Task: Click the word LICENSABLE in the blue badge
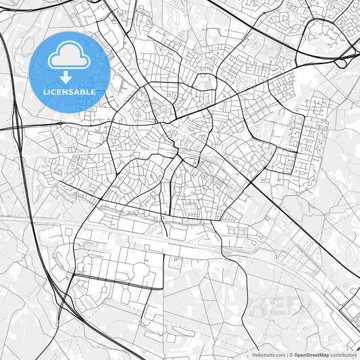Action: (x=70, y=91)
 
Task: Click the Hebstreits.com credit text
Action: (x=267, y=354)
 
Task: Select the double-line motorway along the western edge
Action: (x=24, y=169)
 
